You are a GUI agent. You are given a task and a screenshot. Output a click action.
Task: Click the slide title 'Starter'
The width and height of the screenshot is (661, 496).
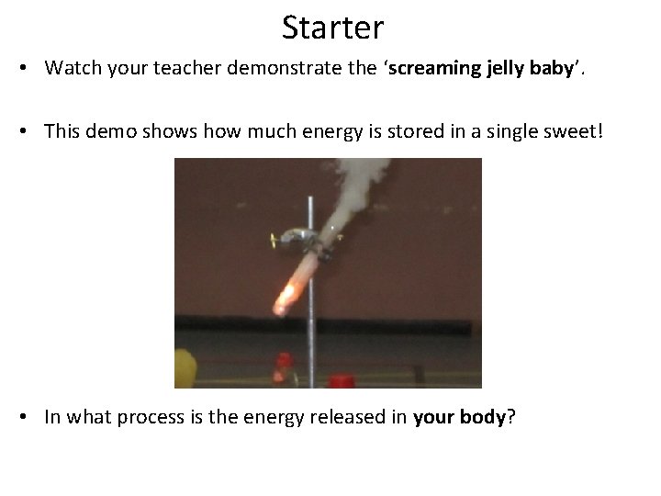(x=332, y=28)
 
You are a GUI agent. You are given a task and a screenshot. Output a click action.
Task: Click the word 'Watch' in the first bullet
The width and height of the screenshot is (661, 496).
(x=71, y=68)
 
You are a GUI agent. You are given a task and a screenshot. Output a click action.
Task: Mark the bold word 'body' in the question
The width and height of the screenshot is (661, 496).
(x=485, y=417)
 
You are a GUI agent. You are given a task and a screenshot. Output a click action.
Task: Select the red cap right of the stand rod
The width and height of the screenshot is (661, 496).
(x=342, y=379)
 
